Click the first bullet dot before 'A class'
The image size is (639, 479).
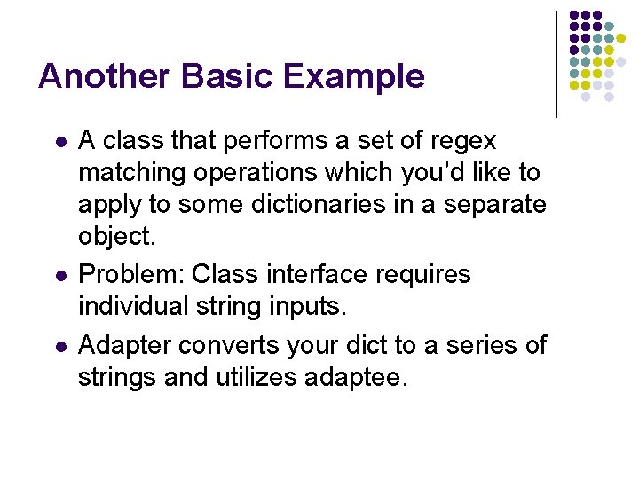click(59, 142)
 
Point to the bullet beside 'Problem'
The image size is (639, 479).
click(59, 276)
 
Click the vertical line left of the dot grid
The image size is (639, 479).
click(557, 64)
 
